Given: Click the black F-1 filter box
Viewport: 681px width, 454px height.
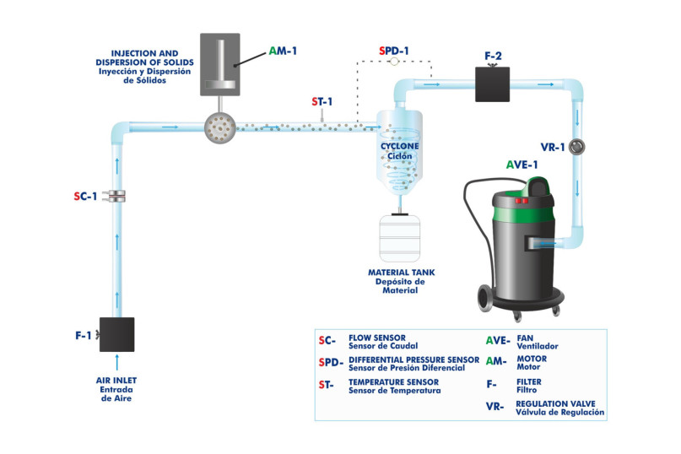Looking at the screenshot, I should (117, 335).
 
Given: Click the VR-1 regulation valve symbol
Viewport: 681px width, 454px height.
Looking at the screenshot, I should (577, 147).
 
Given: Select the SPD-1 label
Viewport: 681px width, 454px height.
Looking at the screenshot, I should (394, 51).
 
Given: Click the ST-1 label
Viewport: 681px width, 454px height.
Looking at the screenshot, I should (322, 101).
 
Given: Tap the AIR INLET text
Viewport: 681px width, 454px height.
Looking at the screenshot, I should (116, 381).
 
